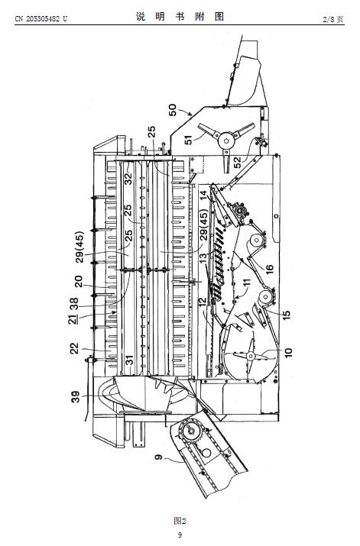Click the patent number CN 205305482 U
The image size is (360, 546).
tap(41, 19)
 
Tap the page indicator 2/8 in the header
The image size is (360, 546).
tap(329, 19)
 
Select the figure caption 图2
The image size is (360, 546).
tap(180, 521)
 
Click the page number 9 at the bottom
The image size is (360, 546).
tap(180, 535)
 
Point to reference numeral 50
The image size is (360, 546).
tap(173, 110)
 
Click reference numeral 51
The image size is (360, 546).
tap(188, 140)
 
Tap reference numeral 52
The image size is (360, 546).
tap(238, 162)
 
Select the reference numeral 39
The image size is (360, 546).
tap(75, 397)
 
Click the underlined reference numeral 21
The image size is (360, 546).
tap(73, 319)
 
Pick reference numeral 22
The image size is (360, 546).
tap(75, 348)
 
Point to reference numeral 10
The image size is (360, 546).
tap(288, 352)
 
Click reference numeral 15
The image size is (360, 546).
tap(286, 313)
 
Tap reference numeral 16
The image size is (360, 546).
tap(269, 269)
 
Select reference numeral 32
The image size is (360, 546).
tap(129, 179)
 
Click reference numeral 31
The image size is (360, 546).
tap(129, 360)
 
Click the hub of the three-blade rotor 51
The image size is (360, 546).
tap(226, 141)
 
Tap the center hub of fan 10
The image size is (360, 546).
tap(250, 356)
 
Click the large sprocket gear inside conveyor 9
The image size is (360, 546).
tap(191, 431)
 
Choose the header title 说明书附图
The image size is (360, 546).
tap(180, 17)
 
